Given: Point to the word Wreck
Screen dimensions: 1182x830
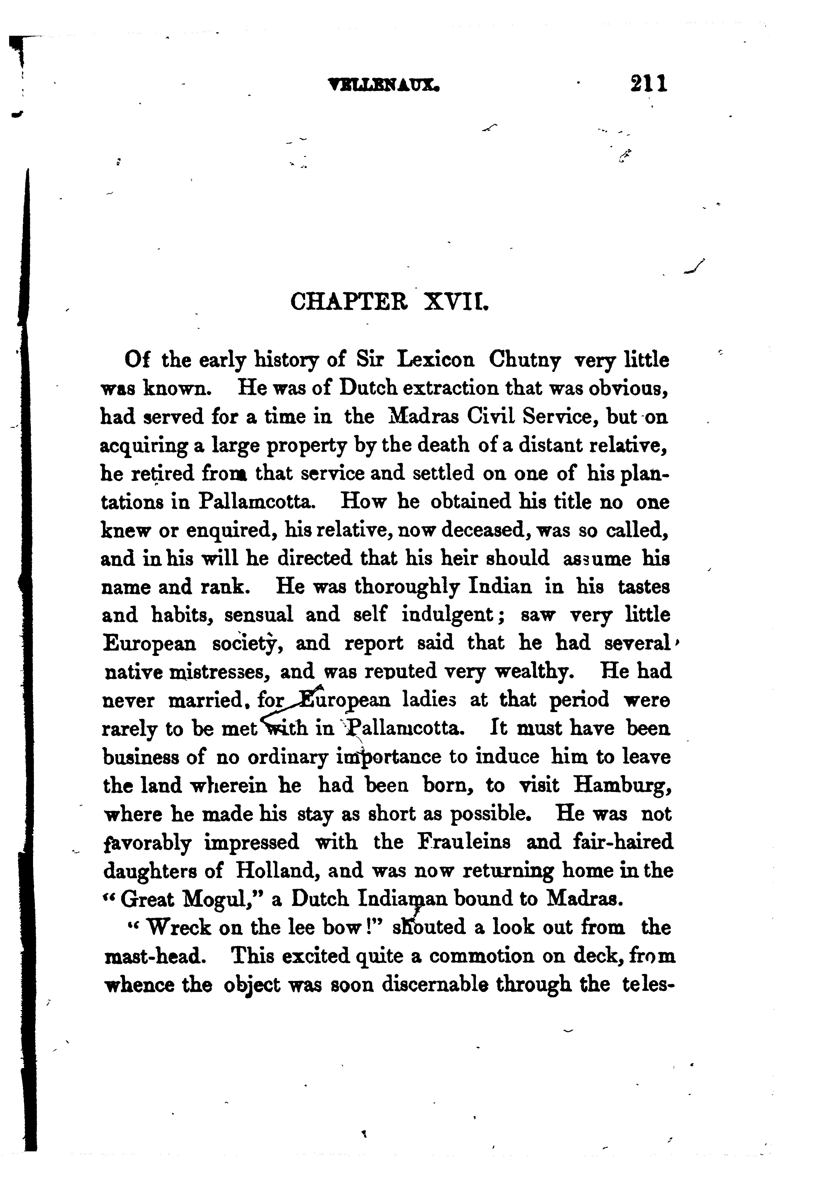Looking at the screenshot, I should tap(179, 928).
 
